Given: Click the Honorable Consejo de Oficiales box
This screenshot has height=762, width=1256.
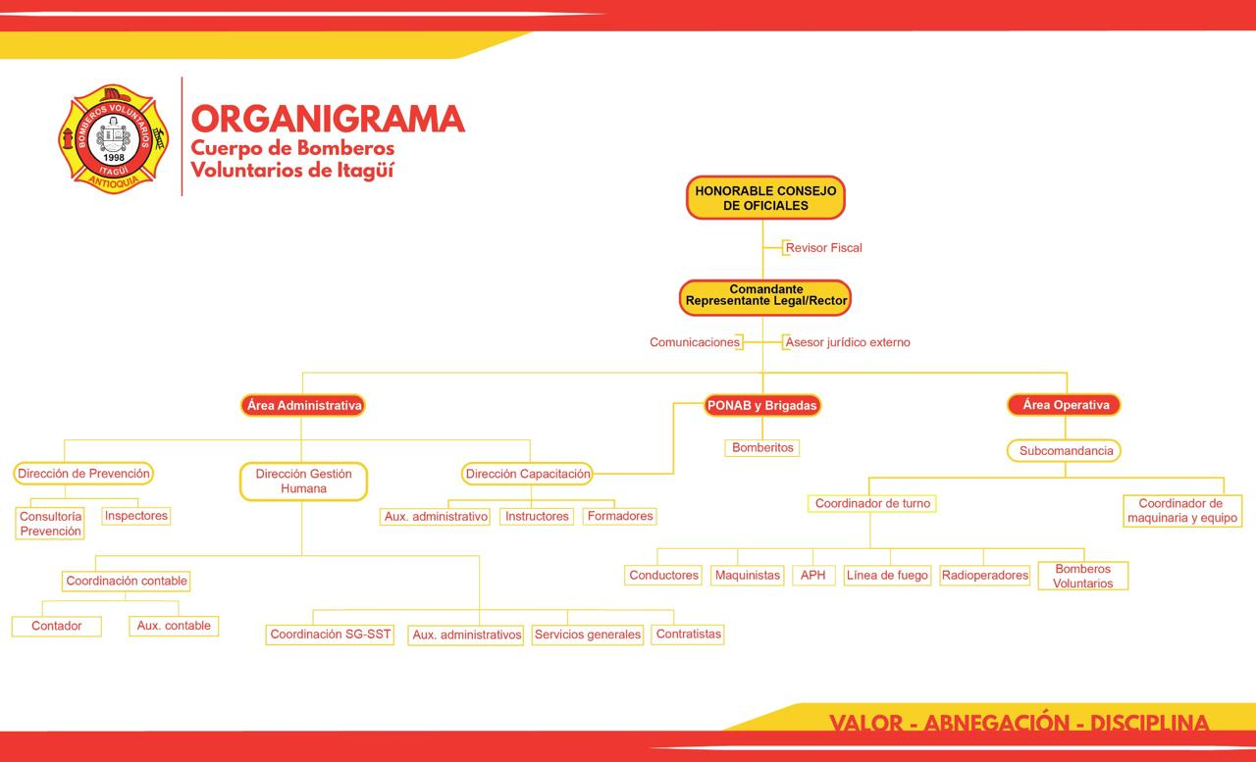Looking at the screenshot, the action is tap(765, 198).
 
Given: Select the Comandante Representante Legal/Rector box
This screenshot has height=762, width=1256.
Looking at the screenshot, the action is tap(765, 297).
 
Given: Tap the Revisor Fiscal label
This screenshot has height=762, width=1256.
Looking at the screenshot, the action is tap(823, 248).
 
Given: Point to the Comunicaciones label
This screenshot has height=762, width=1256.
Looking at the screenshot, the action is tap(695, 342).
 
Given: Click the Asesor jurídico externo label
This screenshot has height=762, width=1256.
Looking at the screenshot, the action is tap(847, 342).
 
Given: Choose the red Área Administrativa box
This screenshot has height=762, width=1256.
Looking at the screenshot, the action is tap(303, 405).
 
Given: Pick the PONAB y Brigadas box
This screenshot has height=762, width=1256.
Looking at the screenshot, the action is tap(762, 405).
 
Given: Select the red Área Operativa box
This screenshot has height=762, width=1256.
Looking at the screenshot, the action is tap(1065, 404).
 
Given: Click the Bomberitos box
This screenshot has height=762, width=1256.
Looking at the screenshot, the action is tap(762, 447).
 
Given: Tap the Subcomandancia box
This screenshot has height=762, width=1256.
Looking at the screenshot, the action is tap(1065, 450).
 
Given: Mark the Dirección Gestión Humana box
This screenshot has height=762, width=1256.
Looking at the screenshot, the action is tap(303, 481).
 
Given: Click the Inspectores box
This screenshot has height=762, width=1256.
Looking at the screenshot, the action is tap(136, 516).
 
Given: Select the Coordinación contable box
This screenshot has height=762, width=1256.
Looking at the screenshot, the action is tap(127, 581).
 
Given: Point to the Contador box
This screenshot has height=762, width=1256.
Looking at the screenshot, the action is tap(57, 626).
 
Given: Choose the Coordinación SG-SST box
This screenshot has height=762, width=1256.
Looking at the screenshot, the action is tap(330, 635).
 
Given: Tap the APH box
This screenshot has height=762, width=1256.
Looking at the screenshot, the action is tap(813, 575).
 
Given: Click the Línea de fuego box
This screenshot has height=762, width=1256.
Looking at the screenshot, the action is tap(888, 575).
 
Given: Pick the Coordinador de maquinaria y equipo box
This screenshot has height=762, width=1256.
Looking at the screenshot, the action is tap(1182, 510).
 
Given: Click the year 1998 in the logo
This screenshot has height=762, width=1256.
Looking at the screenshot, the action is tap(114, 158).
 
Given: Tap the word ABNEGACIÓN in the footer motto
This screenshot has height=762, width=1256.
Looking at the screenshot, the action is tap(997, 723).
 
